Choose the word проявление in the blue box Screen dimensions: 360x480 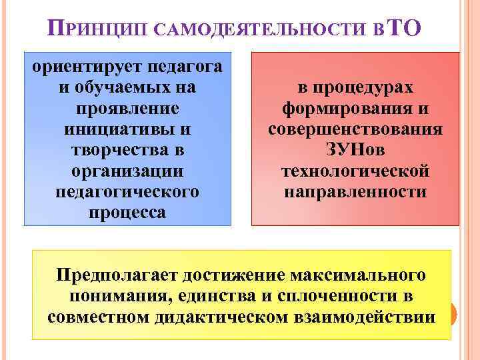[127, 107]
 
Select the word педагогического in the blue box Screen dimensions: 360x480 [127, 192]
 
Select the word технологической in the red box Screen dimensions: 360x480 [355, 171]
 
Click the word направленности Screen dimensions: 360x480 [355, 193]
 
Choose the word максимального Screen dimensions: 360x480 [360, 274]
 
